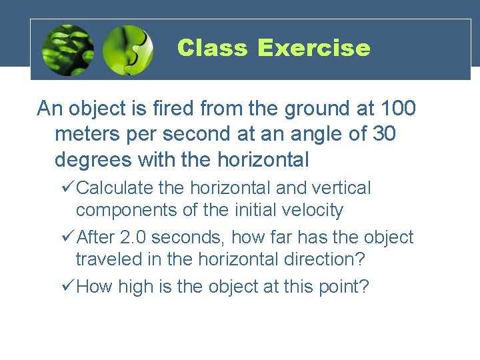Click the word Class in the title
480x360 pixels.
(212, 48)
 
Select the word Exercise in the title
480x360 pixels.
(313, 48)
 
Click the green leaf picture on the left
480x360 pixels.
(67, 50)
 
